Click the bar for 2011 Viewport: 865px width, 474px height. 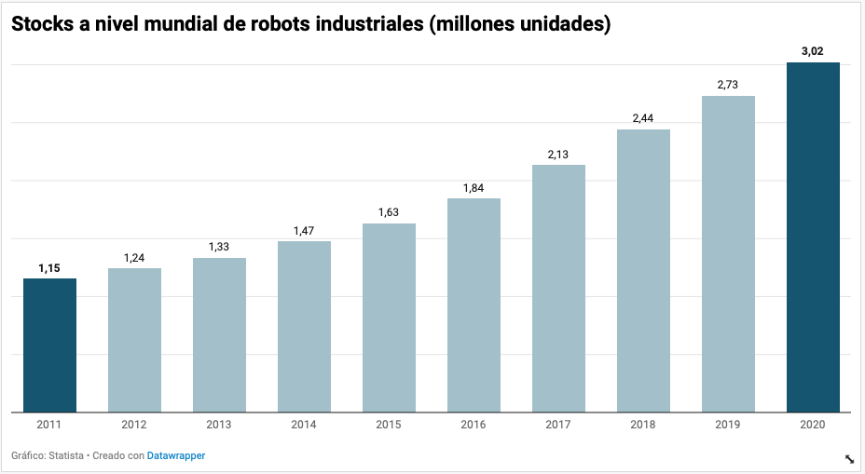pos(49,345)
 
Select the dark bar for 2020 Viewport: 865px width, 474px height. pos(813,237)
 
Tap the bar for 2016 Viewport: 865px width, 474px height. pos(474,305)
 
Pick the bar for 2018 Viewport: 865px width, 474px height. pos(643,270)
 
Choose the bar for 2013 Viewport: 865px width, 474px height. pos(219,334)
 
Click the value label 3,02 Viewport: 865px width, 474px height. pos(813,51)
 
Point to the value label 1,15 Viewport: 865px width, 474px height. pos(49,268)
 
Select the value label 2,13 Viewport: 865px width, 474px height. pos(558,155)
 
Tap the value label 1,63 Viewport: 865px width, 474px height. pos(389,212)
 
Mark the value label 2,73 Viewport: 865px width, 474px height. pos(728,85)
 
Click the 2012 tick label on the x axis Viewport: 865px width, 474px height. pos(134,425)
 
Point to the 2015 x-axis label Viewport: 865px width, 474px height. pos(389,425)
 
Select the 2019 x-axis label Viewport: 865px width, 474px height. pos(728,425)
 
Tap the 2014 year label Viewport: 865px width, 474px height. pos(304,425)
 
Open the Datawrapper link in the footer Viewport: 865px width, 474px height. pos(176,455)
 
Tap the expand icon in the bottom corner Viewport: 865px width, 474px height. pos(850,458)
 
